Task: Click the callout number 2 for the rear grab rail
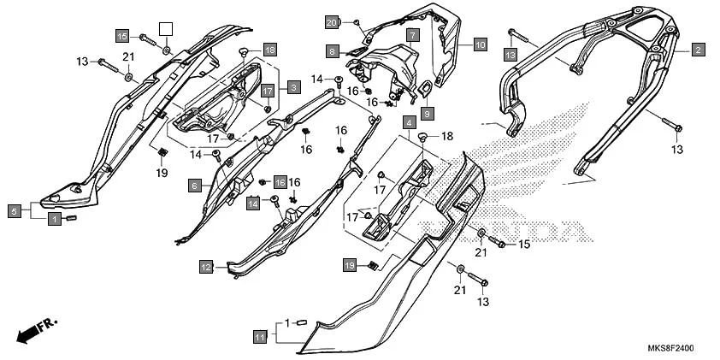pos(698,50)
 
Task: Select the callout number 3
pos(292,86)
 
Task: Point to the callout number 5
pos(15,210)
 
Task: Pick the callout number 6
pos(195,186)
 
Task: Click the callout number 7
pos(412,36)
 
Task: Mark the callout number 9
pos(427,112)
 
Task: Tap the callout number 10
pos(479,43)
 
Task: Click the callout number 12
pos(206,267)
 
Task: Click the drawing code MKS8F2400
pos(670,348)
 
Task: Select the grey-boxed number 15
pos(122,36)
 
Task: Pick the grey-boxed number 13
pos(510,55)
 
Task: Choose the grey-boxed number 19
pos(350,266)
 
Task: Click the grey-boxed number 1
pos(54,219)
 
